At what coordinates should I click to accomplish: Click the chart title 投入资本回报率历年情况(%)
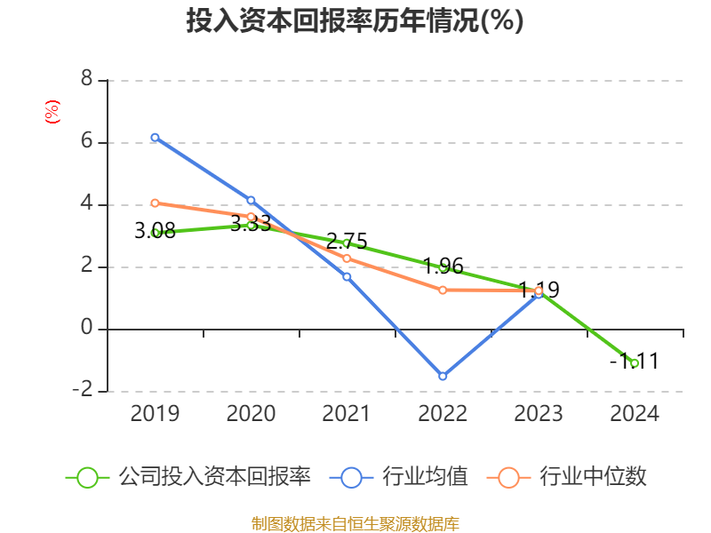355,21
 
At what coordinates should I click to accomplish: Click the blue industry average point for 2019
155,138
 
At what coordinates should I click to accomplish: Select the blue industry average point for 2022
443,377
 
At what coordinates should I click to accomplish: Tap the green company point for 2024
635,363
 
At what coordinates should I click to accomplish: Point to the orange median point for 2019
155,203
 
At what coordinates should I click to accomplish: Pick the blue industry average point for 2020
251,201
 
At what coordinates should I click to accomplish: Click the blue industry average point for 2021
347,276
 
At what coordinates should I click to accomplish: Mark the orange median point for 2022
443,290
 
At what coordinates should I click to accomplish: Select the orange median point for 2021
347,259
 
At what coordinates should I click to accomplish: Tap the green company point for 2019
155,233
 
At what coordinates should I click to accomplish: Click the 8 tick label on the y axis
86,79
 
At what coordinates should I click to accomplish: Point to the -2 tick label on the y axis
82,391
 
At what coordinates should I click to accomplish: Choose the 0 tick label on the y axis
86,329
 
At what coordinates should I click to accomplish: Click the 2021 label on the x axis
347,414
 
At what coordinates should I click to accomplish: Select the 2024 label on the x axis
635,414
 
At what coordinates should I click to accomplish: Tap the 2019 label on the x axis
155,414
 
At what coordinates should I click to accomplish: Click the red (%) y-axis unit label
52,112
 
